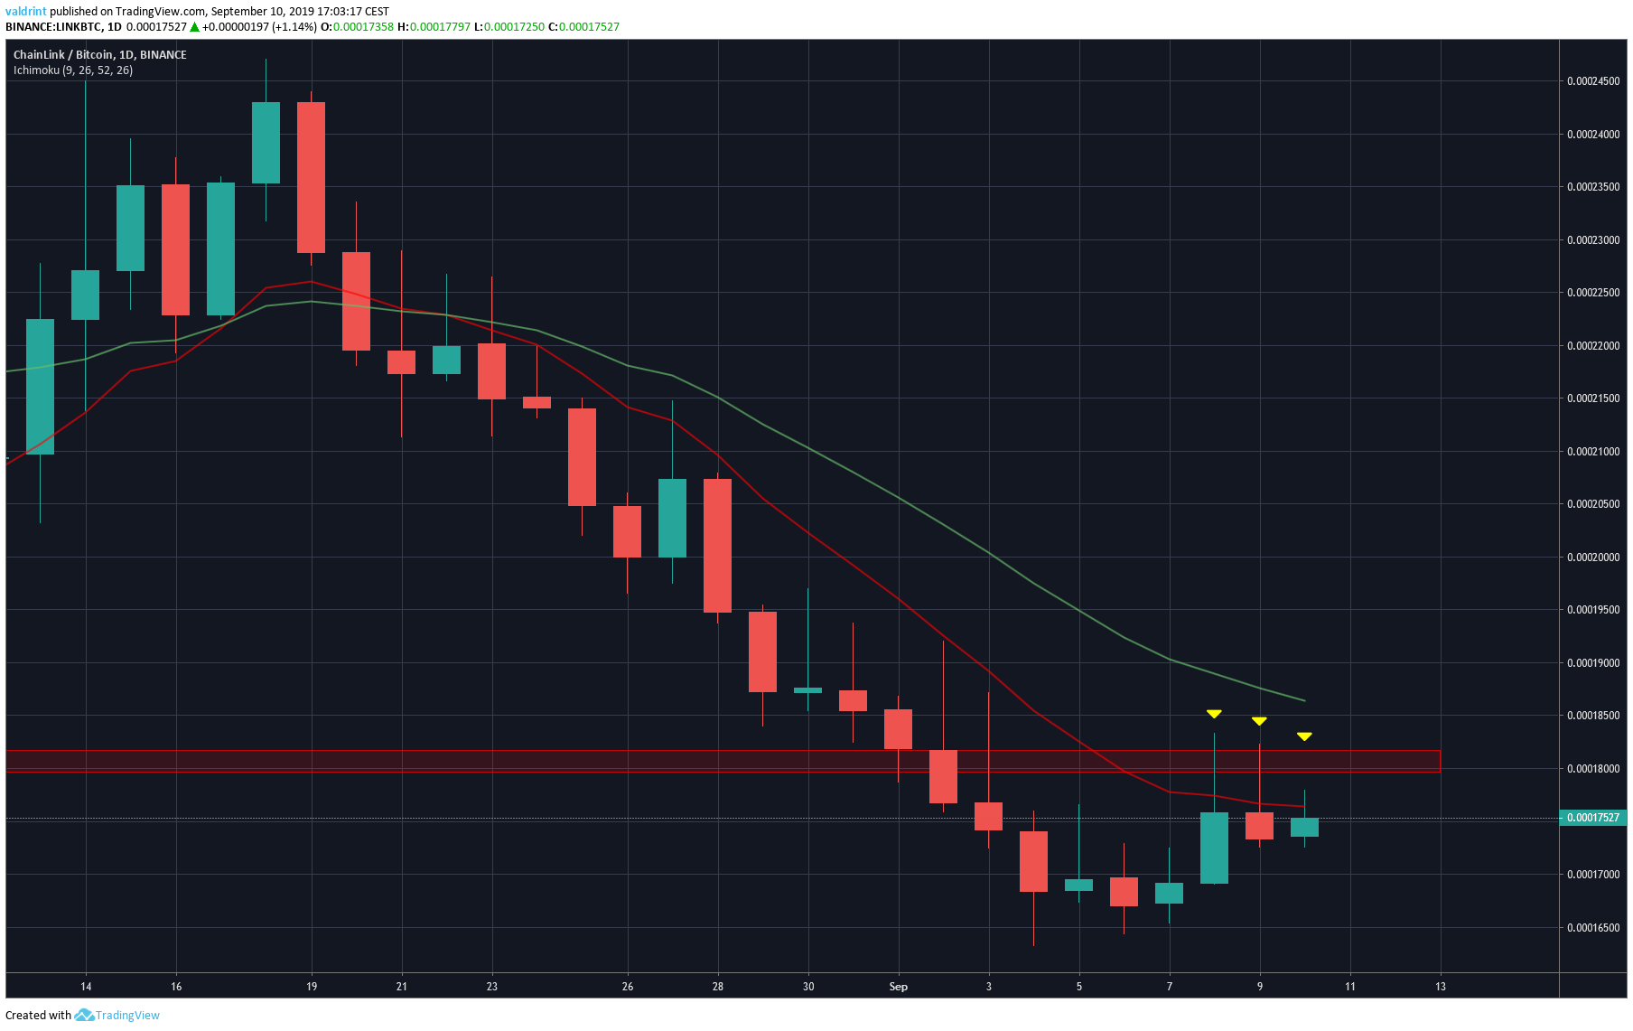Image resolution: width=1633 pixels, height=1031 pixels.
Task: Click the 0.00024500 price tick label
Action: (x=1593, y=81)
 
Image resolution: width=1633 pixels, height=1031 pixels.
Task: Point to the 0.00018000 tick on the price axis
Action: (x=1593, y=769)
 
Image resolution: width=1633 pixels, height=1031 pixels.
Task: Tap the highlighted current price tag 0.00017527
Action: (x=1593, y=818)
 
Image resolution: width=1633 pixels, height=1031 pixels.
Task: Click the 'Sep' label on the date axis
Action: (x=898, y=987)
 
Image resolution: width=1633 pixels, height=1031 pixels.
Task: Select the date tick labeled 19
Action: (x=312, y=987)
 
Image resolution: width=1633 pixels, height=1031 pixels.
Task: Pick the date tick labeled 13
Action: (x=1440, y=987)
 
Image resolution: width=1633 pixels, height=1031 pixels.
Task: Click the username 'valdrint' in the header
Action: (x=25, y=12)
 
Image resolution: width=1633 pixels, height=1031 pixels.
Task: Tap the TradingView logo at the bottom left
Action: (x=117, y=1016)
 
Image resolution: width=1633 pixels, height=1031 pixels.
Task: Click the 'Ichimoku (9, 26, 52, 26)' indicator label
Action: (x=73, y=70)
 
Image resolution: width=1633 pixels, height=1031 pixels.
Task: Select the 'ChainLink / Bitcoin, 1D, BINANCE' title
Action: (x=99, y=55)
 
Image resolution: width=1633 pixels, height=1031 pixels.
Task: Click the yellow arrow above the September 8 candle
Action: (x=1214, y=714)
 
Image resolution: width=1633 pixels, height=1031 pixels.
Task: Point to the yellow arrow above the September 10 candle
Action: (x=1304, y=736)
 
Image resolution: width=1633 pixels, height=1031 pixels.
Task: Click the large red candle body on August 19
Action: (x=312, y=177)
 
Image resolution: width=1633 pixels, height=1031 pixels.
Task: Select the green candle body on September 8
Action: (x=1214, y=848)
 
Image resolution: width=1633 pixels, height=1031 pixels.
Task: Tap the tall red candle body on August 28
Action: (x=717, y=545)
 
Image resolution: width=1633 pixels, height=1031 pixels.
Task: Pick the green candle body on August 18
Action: (x=266, y=143)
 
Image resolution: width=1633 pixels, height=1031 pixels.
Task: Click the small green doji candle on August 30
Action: (x=807, y=690)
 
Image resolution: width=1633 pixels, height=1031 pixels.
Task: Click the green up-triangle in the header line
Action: (x=194, y=27)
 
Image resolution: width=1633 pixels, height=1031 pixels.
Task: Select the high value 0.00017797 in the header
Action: (x=440, y=27)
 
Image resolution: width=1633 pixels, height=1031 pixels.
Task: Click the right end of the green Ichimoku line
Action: (x=1304, y=700)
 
